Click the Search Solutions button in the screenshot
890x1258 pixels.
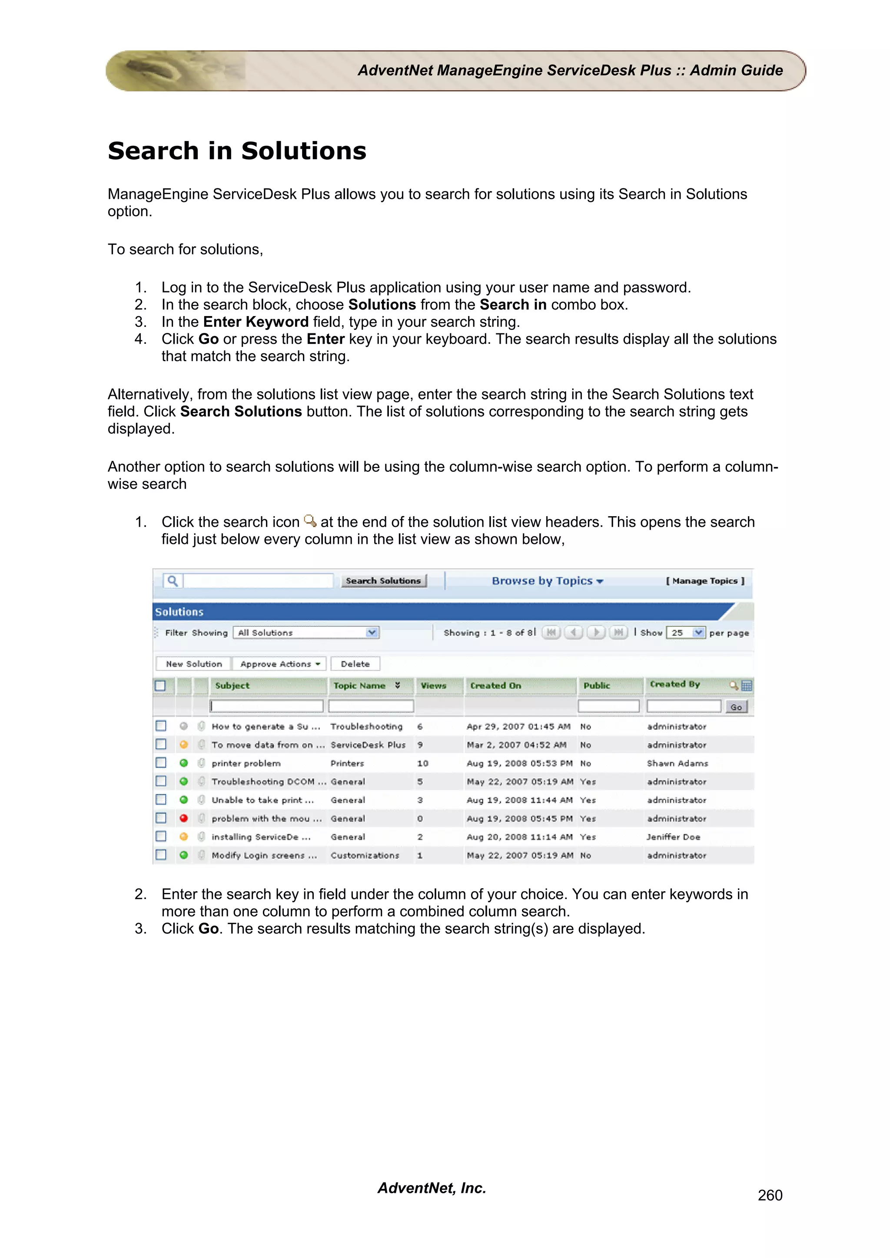point(383,581)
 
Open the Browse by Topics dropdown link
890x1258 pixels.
point(547,581)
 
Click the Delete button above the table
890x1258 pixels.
point(355,664)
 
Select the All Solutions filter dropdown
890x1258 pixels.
point(306,633)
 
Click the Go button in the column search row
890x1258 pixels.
point(736,707)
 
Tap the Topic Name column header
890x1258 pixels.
point(360,685)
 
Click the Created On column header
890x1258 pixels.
point(496,685)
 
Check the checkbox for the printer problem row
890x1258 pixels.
point(161,763)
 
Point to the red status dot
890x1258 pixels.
point(184,818)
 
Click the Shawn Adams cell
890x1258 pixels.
point(677,763)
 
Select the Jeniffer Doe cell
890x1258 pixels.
point(673,836)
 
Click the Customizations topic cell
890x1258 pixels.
point(365,855)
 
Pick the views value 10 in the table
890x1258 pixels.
point(422,763)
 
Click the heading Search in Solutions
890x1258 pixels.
point(237,151)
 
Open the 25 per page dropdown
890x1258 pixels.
point(685,633)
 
